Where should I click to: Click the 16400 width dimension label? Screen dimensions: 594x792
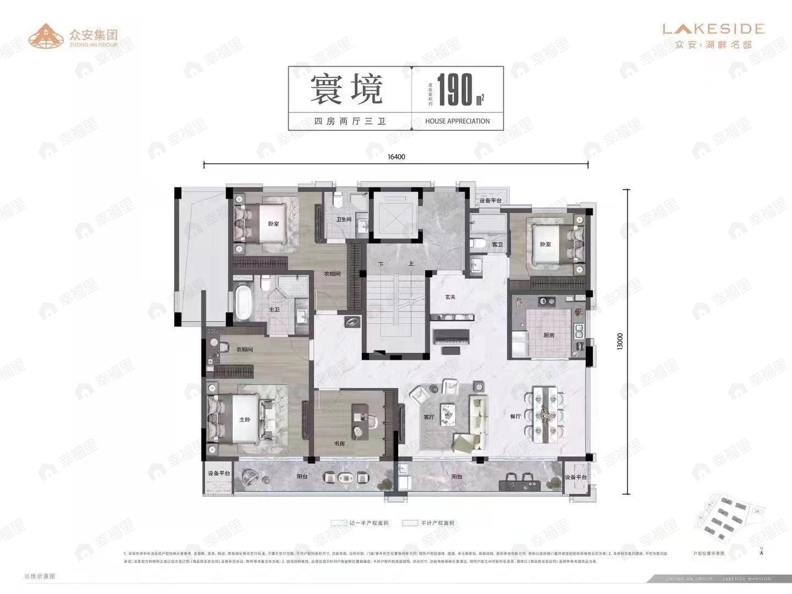tap(396, 157)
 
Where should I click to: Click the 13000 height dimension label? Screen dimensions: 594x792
tap(620, 341)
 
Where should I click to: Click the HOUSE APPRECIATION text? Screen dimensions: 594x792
tap(457, 121)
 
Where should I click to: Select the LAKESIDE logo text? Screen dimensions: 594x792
tap(713, 29)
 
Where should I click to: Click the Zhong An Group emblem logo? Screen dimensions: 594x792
tap(46, 36)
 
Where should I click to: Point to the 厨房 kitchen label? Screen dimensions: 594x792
tap(548, 335)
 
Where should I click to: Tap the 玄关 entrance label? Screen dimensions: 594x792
tap(450, 297)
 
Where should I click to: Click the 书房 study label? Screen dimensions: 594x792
tap(339, 443)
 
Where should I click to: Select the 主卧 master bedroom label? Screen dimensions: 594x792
tap(245, 420)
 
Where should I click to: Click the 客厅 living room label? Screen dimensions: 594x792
tap(429, 417)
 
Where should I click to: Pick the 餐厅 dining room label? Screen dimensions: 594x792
tap(515, 416)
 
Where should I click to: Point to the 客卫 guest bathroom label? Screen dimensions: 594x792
tap(497, 245)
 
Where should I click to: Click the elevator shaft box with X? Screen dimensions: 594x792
tap(394, 215)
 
